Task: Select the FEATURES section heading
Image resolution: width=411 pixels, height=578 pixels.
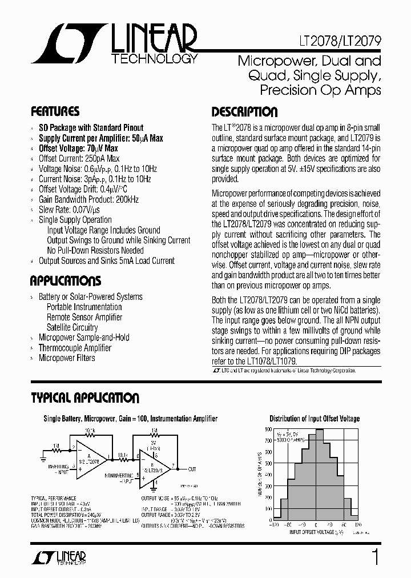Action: pos(55,111)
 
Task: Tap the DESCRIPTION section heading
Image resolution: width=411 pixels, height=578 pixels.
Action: pos(244,112)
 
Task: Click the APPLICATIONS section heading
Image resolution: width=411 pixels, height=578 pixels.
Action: pos(66,281)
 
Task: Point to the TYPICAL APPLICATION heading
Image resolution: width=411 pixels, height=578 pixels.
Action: pos(84,398)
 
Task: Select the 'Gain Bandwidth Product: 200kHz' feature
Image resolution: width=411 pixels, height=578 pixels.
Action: pos(88,199)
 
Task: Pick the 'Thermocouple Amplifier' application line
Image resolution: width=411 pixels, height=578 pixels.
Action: pos(75,348)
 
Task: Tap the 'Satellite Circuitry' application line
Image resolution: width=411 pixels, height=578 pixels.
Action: pos(72,327)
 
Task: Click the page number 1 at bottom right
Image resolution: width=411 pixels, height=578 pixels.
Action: pos(375,557)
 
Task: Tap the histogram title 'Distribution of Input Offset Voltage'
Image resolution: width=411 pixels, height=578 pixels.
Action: pos(315,419)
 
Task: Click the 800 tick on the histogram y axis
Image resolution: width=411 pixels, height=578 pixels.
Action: pos(269,428)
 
